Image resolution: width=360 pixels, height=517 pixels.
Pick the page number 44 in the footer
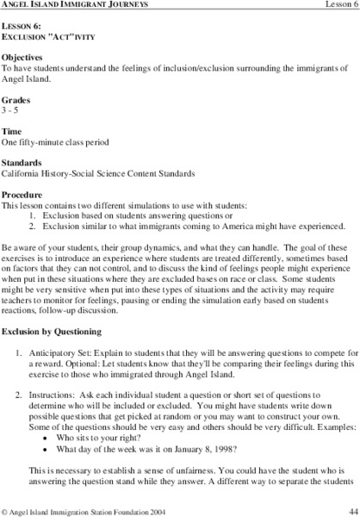click(350, 509)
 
